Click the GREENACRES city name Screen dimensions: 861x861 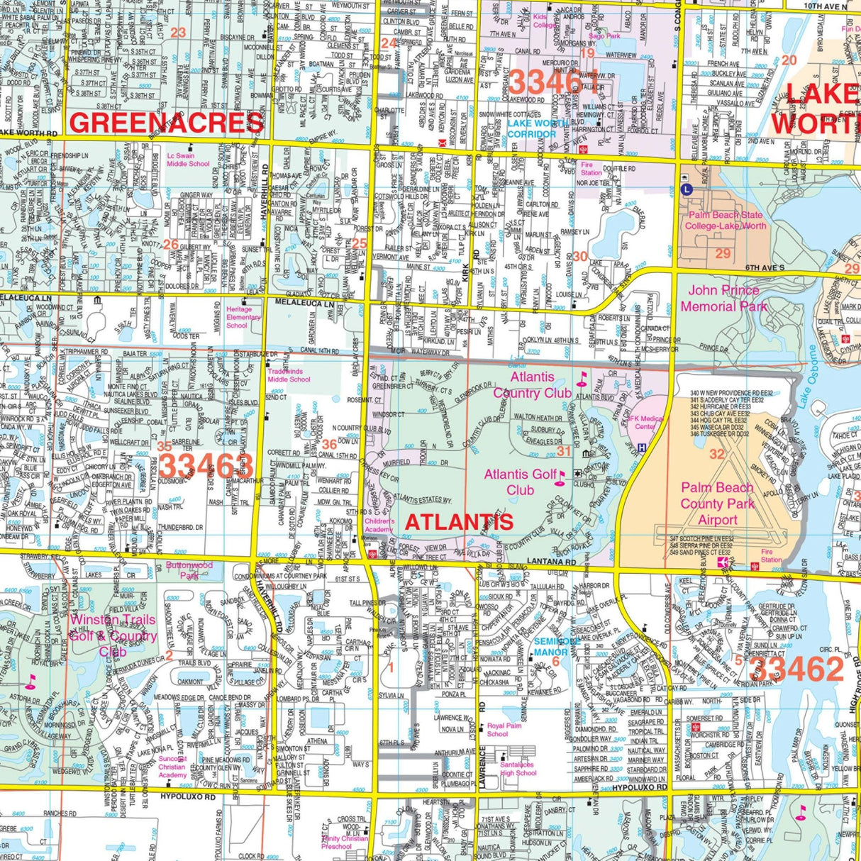[167, 123]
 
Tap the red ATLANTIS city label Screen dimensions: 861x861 [459, 522]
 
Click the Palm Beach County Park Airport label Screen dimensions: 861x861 [717, 504]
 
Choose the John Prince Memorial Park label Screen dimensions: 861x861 [723, 299]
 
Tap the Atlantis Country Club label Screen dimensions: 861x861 [532, 385]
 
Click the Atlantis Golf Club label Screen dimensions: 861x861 [520, 482]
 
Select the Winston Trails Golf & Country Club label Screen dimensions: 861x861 [113, 635]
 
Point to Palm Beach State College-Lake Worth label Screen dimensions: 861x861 [725, 221]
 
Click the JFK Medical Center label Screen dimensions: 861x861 [645, 423]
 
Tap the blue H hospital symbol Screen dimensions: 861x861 [641, 448]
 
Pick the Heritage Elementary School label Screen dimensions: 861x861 [243, 317]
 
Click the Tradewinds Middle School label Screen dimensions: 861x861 [289, 375]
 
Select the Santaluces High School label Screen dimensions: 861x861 [518, 769]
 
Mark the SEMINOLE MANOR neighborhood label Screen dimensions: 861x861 [551, 648]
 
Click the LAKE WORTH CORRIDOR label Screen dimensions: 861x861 [537, 128]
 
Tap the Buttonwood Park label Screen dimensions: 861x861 [189, 570]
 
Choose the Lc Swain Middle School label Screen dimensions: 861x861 [188, 160]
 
